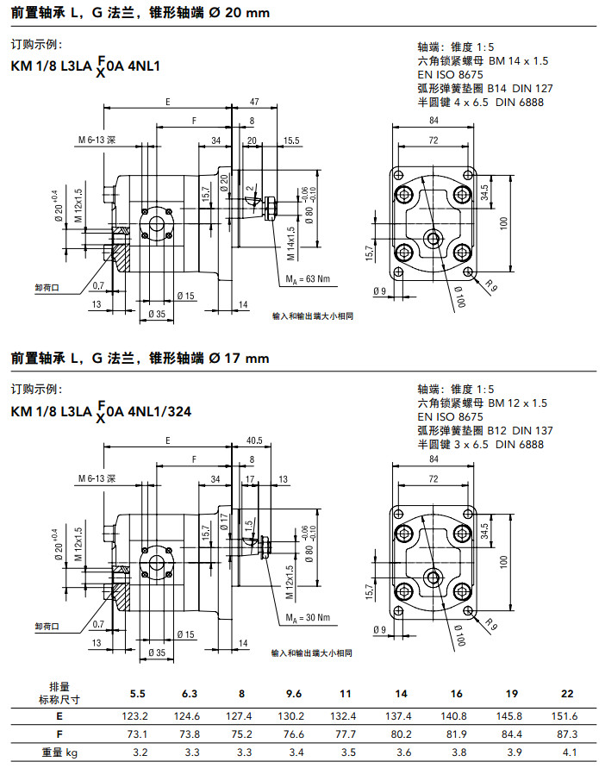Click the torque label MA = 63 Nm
click(308, 279)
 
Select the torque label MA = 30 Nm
click(308, 617)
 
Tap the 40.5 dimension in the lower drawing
click(254, 440)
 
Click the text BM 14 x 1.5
click(518, 61)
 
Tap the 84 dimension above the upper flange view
click(432, 121)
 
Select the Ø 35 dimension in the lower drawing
click(155, 652)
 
